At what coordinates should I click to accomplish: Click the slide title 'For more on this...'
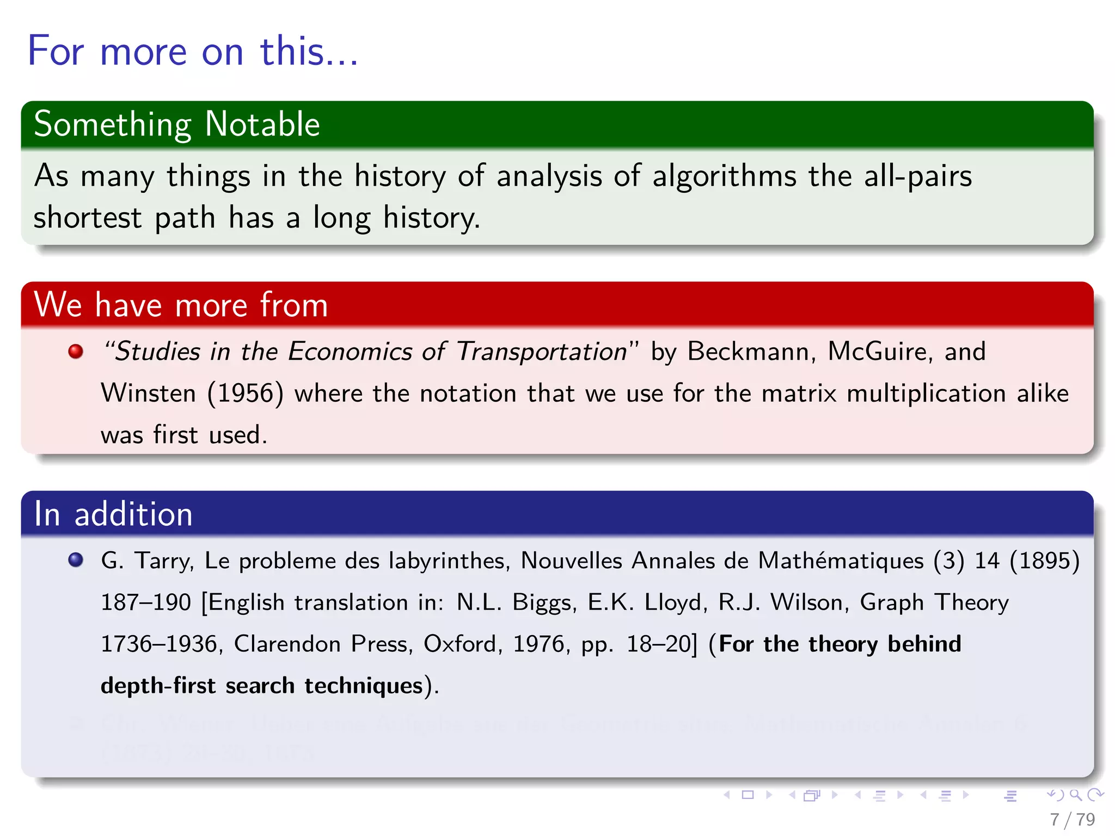[x=193, y=51]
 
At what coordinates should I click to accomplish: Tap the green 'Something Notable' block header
[x=176, y=124]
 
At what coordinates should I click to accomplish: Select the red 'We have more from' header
[x=181, y=305]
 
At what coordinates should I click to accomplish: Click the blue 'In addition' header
[x=113, y=514]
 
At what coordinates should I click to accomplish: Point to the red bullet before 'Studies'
[x=76, y=351]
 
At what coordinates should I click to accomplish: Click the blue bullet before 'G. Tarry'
[x=76, y=560]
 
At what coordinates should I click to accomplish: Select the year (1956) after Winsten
[x=246, y=394]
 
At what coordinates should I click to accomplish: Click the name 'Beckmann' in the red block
[x=751, y=352]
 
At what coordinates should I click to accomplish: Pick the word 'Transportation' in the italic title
[x=541, y=352]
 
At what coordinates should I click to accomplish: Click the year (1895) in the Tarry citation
[x=1044, y=561]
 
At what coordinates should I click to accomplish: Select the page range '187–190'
[x=146, y=603]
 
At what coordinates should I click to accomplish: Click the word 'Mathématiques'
[x=841, y=561]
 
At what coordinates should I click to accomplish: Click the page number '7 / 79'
[x=1072, y=819]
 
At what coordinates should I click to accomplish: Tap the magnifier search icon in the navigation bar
[x=1075, y=795]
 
